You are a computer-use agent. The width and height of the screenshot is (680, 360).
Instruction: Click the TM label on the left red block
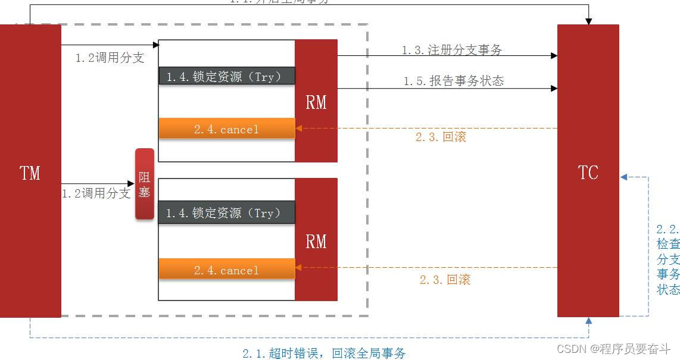coord(30,173)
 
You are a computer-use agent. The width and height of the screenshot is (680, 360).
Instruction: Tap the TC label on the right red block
coord(588,173)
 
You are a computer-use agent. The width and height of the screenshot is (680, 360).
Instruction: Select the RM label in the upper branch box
coord(316,102)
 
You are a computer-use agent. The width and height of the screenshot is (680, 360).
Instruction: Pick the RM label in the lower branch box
coord(316,241)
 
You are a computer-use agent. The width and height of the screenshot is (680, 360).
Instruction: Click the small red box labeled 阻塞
coord(144,184)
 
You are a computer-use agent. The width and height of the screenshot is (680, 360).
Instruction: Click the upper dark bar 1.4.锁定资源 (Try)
coord(226,76)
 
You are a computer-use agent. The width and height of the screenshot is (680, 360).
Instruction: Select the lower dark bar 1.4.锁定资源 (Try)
coord(226,213)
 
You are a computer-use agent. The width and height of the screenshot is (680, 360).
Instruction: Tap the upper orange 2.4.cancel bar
coord(226,129)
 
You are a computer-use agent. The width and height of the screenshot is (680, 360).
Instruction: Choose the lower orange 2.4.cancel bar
coord(226,270)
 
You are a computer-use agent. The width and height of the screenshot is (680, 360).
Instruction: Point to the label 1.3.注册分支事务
coord(452,50)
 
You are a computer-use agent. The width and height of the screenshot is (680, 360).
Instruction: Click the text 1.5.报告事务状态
coord(454,81)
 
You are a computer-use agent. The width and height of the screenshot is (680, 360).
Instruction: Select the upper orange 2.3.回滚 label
coord(441,137)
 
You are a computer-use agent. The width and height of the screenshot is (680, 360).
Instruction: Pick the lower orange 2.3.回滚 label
coord(445,280)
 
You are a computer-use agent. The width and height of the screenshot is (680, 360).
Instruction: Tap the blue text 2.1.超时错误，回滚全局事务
coord(324,353)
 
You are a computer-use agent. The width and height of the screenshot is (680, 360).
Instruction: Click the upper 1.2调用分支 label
coord(110,58)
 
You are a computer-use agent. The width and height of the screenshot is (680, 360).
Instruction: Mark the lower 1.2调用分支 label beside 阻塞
coord(96,193)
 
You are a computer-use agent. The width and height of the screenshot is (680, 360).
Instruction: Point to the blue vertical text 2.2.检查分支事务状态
coord(667,259)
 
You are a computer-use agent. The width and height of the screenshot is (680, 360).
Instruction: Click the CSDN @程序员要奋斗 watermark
coord(616,349)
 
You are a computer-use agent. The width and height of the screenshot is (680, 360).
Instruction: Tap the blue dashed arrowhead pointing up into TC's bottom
coord(588,321)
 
